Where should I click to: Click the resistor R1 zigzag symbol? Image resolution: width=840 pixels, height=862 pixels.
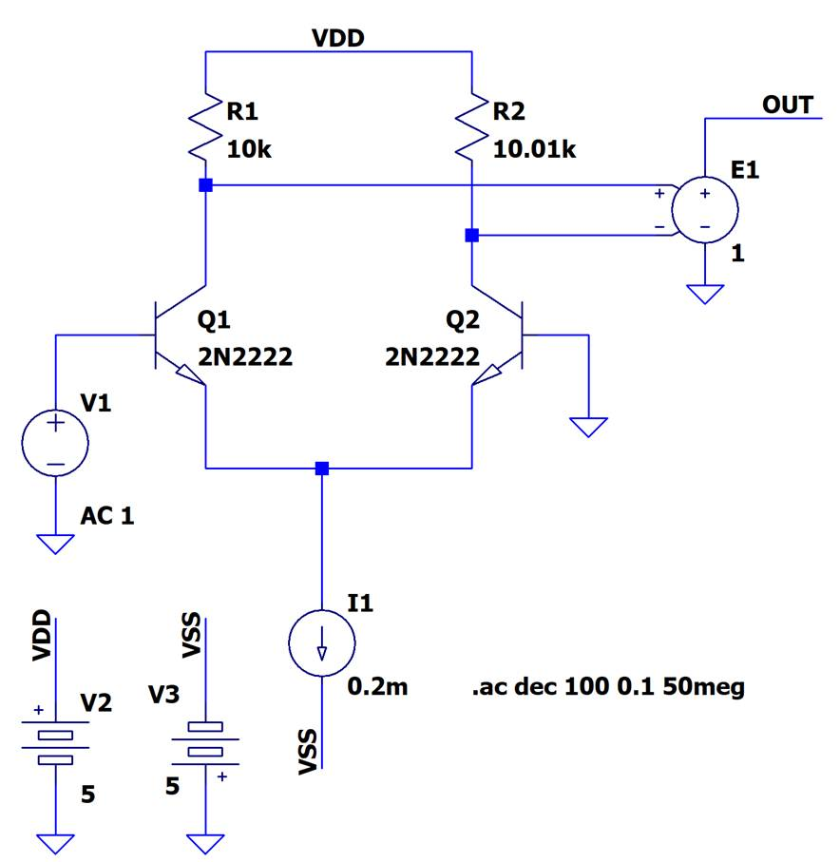pos(205,124)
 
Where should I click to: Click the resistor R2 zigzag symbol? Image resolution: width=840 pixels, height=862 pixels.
pos(471,124)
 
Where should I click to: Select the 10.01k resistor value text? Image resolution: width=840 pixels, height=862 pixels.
pos(536,148)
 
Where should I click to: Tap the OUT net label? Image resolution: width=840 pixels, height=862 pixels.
pos(788,105)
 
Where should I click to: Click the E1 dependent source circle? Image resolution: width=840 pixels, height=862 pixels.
pos(704,209)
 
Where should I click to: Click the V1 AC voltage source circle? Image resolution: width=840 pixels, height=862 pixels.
pos(54,443)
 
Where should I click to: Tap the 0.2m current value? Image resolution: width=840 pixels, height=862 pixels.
pos(378,686)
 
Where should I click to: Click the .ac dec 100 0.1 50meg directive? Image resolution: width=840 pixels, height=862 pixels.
pos(607,686)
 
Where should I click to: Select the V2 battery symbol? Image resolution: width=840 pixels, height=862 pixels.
pos(54,748)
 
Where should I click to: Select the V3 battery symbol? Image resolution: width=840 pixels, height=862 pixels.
pos(205,738)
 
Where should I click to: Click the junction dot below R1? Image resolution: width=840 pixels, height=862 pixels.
pos(205,185)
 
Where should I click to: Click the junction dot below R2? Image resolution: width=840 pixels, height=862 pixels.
pos(471,235)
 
